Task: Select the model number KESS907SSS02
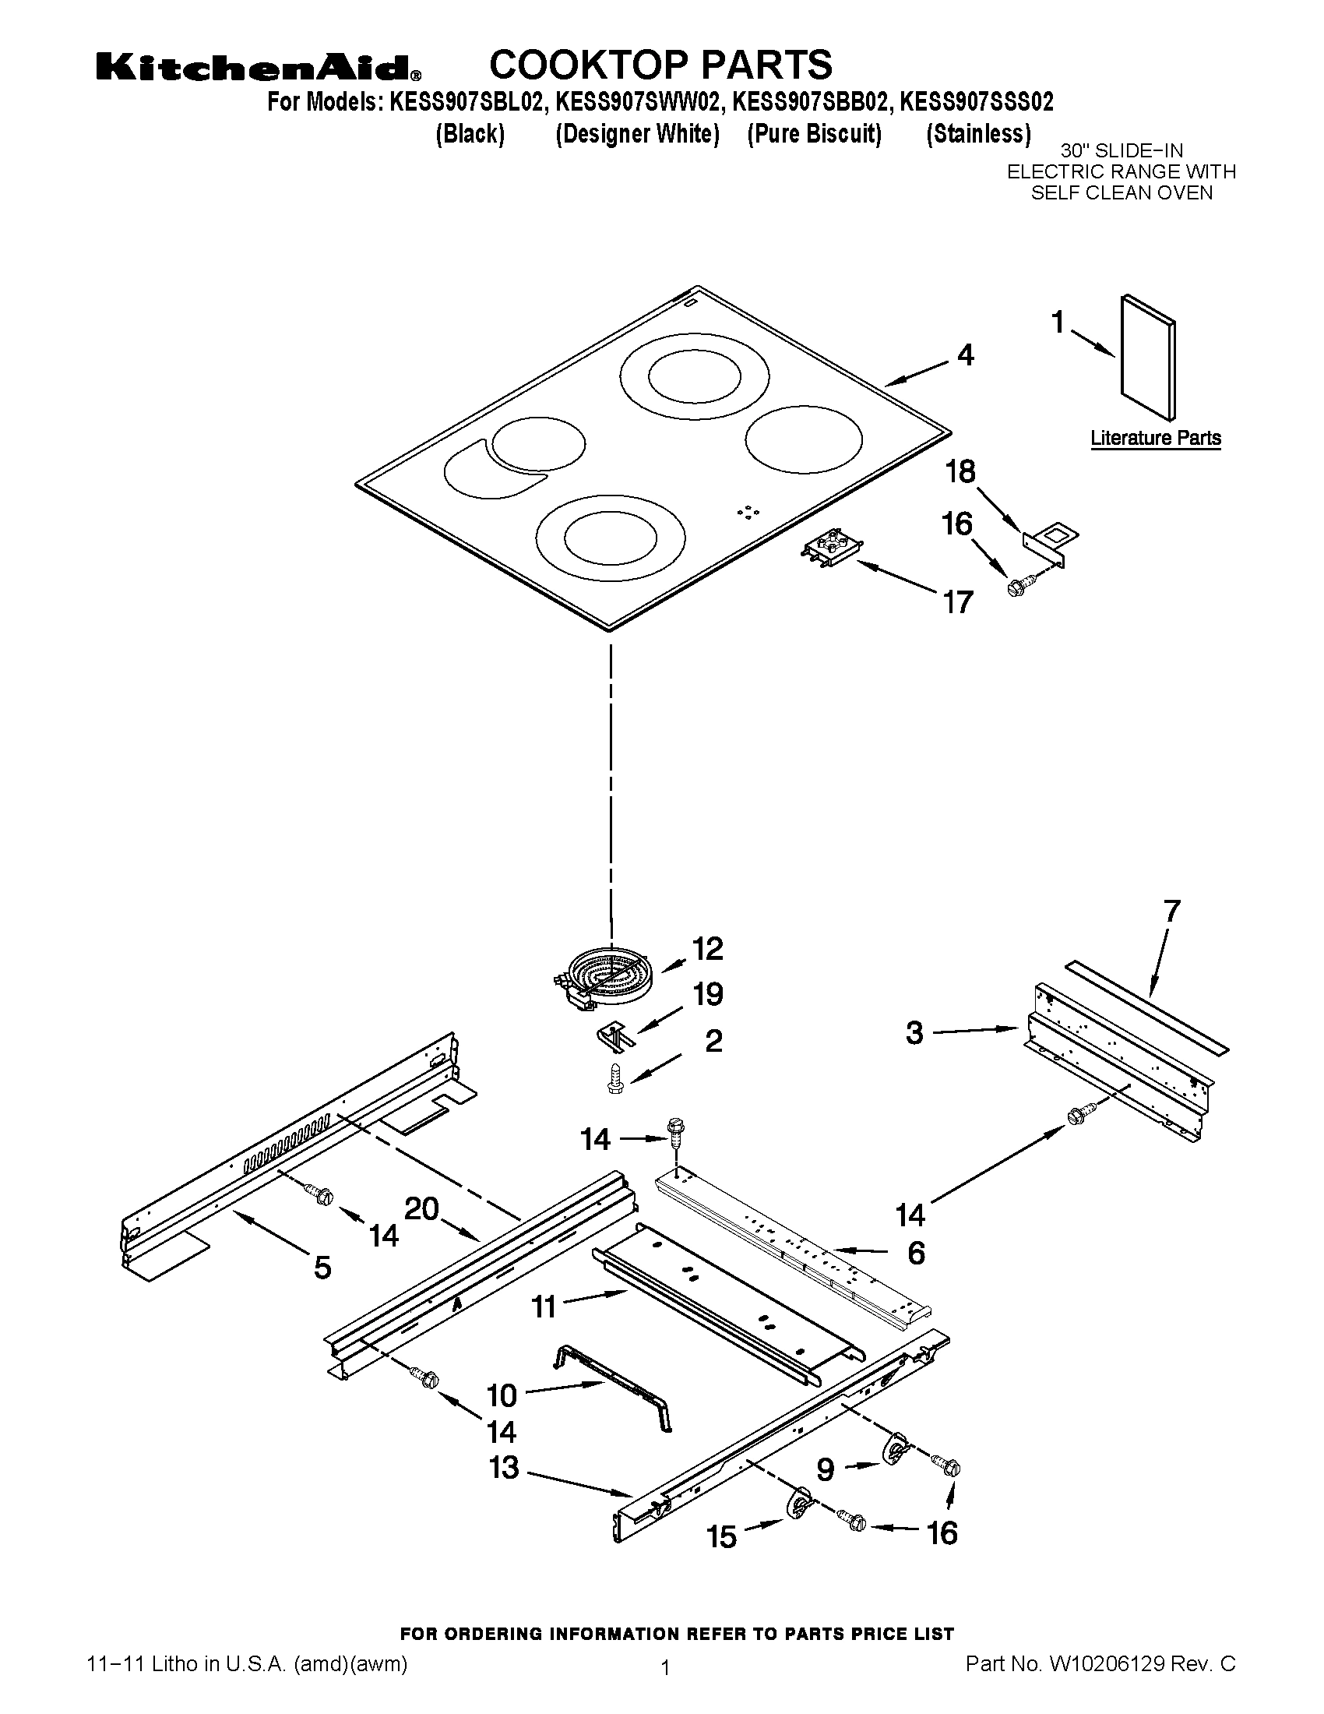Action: [x=977, y=102]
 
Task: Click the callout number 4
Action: [x=966, y=355]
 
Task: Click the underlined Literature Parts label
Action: [x=1155, y=439]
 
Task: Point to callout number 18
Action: [x=960, y=471]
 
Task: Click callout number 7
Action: [x=1171, y=912]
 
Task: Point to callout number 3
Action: [x=914, y=1033]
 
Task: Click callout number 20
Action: [x=421, y=1208]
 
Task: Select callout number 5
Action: [x=322, y=1268]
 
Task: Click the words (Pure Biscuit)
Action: [x=814, y=134]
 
